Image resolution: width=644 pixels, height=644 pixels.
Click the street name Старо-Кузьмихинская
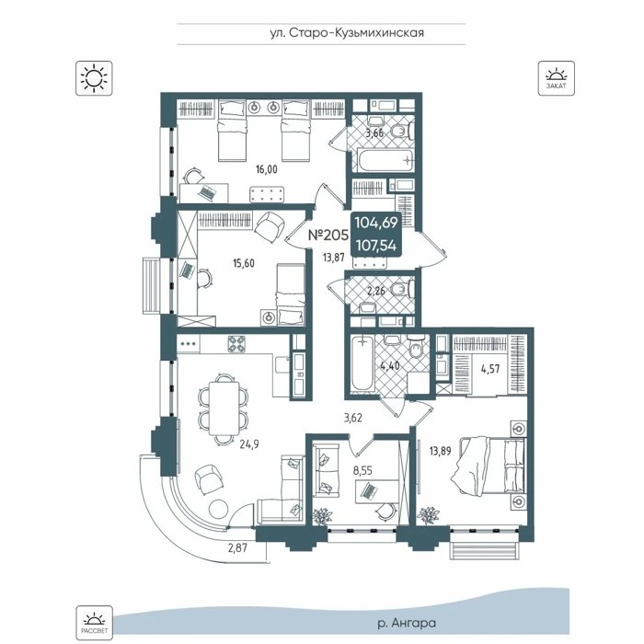tap(357, 33)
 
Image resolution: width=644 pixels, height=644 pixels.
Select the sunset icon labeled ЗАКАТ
tap(556, 78)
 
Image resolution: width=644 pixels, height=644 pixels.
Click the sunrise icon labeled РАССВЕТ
tap(94, 622)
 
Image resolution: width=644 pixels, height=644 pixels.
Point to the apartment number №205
tap(328, 235)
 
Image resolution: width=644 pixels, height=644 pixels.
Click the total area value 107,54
tap(375, 246)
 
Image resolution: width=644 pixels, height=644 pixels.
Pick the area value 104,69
tap(375, 223)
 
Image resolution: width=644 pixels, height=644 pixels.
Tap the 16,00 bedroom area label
tap(267, 169)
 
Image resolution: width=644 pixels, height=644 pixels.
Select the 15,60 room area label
tap(244, 263)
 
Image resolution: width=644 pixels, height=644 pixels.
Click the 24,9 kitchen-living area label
tap(249, 444)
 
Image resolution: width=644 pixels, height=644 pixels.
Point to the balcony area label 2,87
tap(237, 547)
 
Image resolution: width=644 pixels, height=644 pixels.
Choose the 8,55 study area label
tap(362, 471)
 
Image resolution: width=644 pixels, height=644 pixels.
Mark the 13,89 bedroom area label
tap(440, 452)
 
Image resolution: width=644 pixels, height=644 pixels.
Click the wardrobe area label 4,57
tap(490, 369)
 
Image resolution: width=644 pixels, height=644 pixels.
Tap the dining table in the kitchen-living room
tap(224, 408)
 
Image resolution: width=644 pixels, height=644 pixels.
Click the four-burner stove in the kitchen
tap(236, 344)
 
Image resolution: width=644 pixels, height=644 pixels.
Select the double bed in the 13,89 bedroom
tap(489, 466)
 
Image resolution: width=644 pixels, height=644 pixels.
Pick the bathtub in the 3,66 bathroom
tap(385, 161)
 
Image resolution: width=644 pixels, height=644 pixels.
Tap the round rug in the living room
tap(219, 510)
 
